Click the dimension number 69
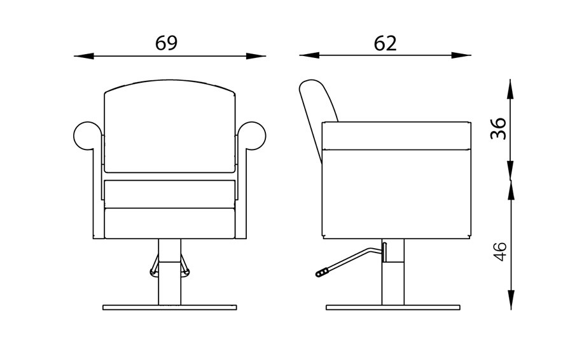166,43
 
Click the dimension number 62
385,43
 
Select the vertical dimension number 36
499,128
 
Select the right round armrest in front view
252,135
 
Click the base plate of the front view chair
169,307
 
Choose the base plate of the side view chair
393,307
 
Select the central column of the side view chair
393,280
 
